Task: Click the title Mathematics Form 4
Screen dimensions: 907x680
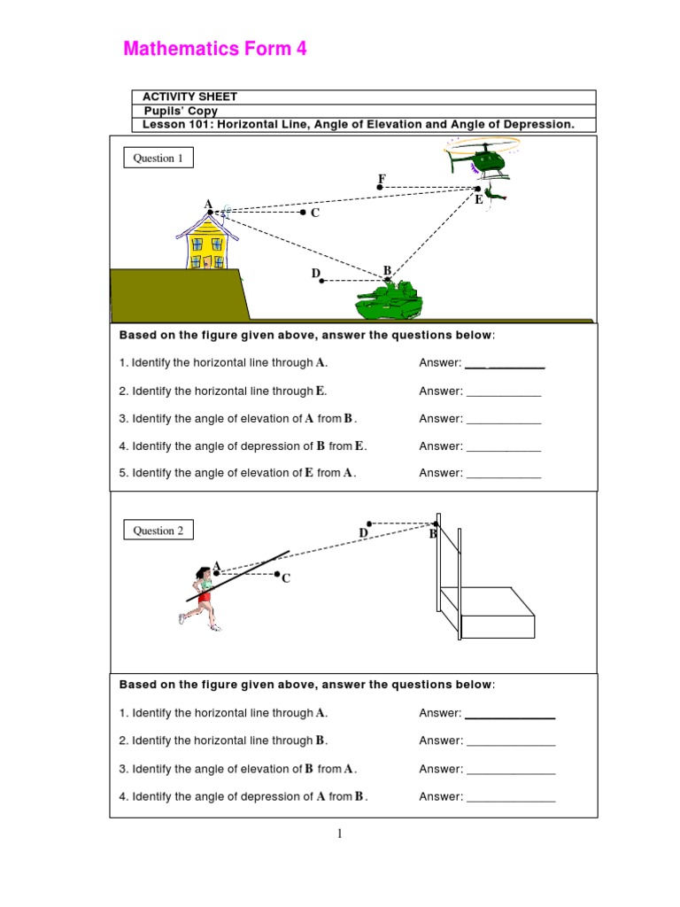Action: pyautogui.click(x=215, y=50)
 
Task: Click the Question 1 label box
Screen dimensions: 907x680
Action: pyautogui.click(x=158, y=159)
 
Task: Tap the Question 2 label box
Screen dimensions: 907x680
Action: pyautogui.click(x=158, y=531)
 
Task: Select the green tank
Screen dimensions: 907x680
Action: pyautogui.click(x=388, y=300)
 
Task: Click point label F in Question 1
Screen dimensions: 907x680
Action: pyautogui.click(x=382, y=179)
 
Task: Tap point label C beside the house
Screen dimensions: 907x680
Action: pyautogui.click(x=314, y=213)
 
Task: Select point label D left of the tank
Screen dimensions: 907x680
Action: pyautogui.click(x=315, y=274)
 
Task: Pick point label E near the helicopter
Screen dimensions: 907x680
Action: pyautogui.click(x=478, y=200)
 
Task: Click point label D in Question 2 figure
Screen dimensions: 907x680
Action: pyautogui.click(x=363, y=532)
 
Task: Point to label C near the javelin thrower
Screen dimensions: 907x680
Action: pyautogui.click(x=285, y=578)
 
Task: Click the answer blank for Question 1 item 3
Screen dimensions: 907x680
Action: pyautogui.click(x=503, y=419)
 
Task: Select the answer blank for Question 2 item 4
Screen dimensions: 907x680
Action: pyautogui.click(x=510, y=797)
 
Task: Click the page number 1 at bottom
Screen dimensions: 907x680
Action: pyautogui.click(x=340, y=833)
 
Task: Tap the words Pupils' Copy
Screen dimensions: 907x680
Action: pyautogui.click(x=181, y=111)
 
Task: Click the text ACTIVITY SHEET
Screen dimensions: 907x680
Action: pyautogui.click(x=189, y=97)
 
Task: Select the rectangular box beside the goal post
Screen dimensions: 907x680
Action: pyautogui.click(x=498, y=613)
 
